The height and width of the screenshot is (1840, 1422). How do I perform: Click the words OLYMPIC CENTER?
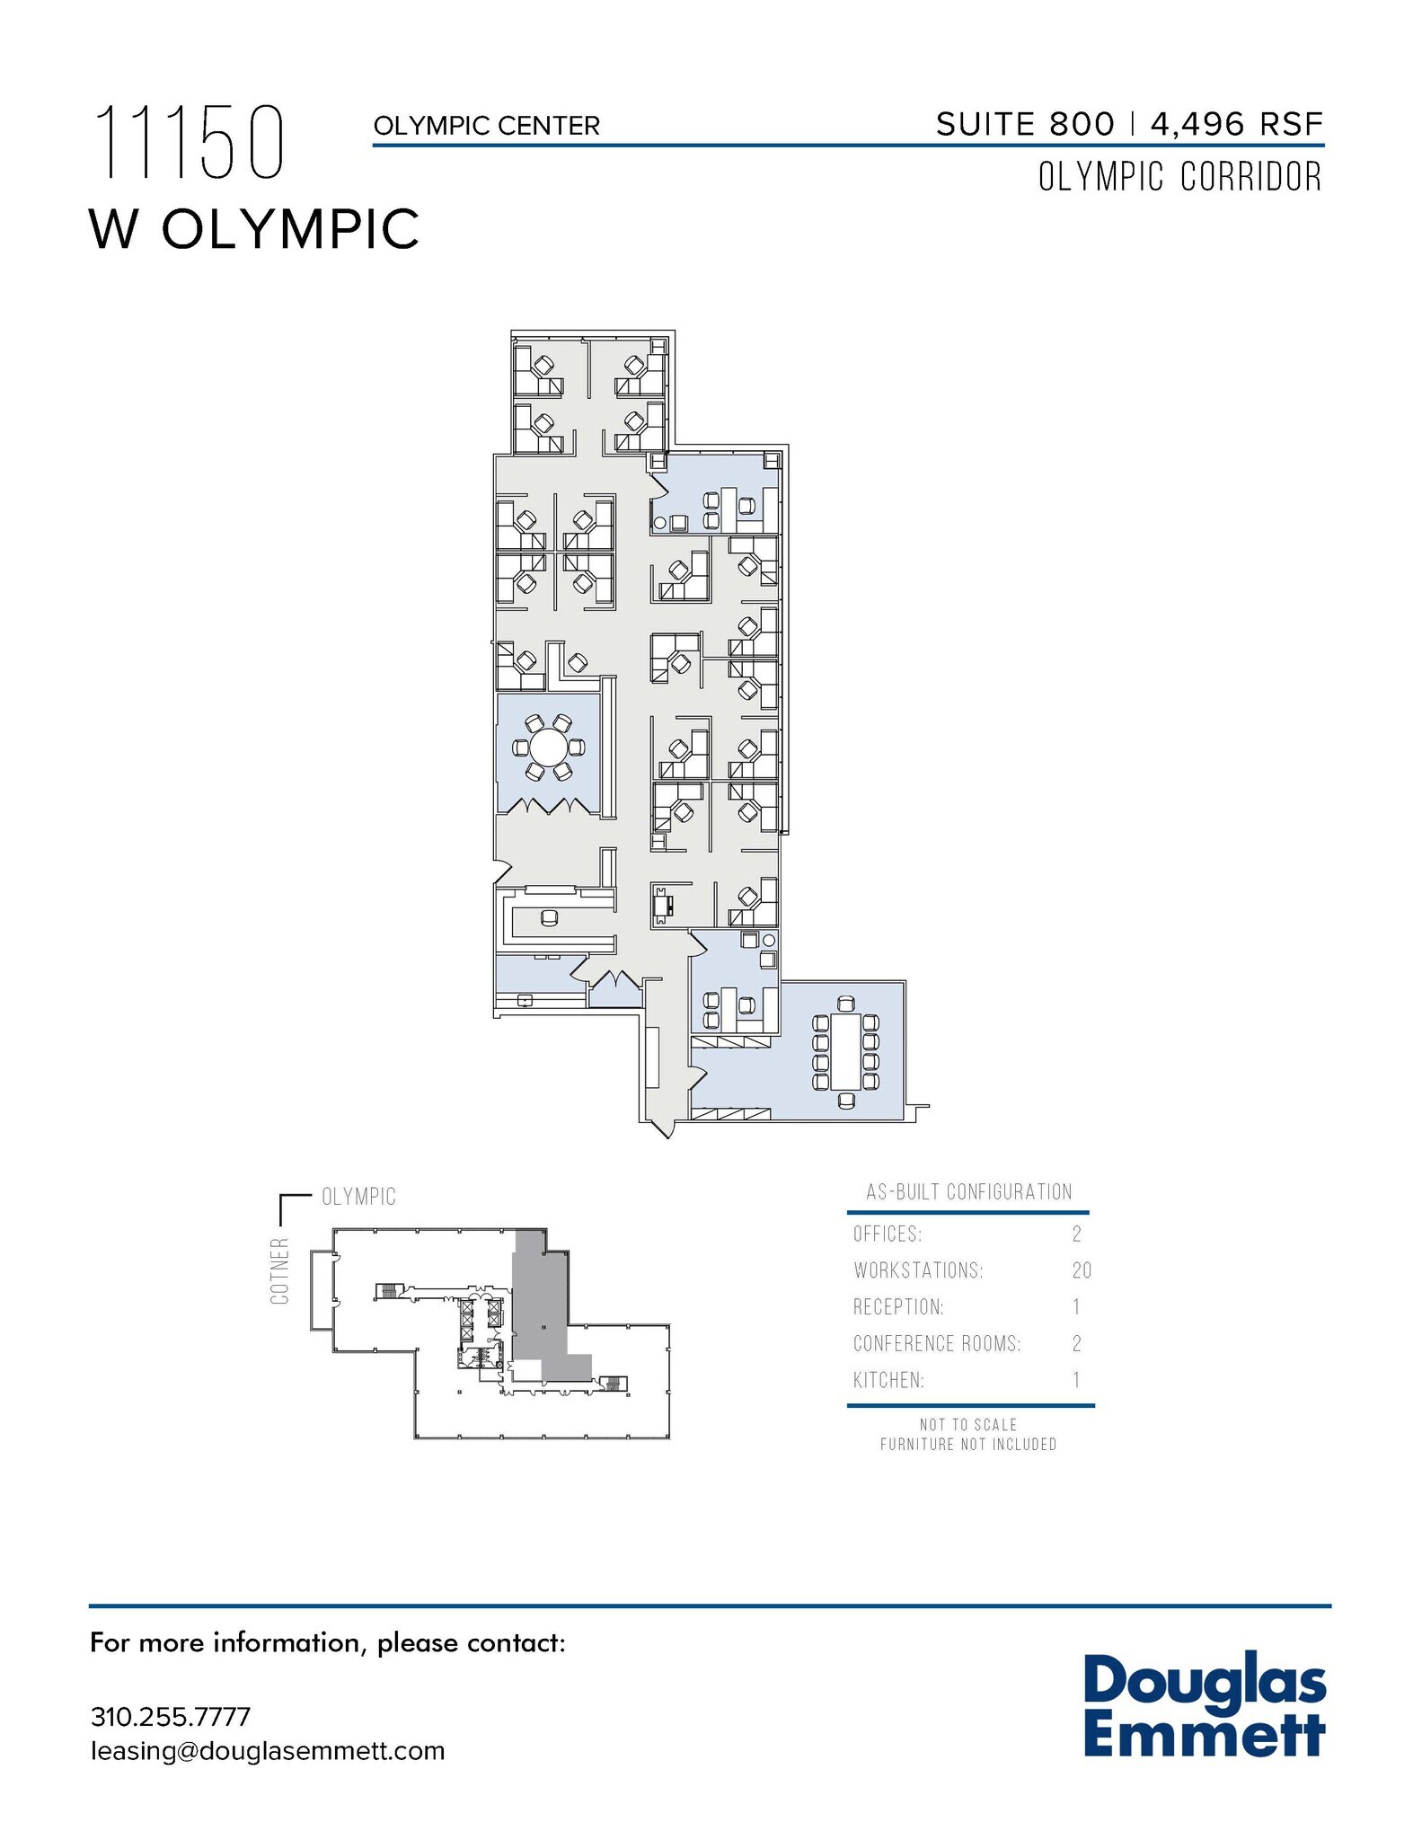486,126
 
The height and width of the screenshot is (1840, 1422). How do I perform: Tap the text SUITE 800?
1024,124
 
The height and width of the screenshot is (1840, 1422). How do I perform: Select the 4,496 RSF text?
1236,124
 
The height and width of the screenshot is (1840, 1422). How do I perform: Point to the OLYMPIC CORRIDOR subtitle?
1179,177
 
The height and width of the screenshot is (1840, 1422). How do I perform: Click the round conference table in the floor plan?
548,747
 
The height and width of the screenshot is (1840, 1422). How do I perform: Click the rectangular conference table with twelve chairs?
845,1050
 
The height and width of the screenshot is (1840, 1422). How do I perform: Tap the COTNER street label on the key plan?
280,1270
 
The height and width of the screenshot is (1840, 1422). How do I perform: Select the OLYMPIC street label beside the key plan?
358,1197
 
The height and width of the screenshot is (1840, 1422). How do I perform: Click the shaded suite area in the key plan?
539,1303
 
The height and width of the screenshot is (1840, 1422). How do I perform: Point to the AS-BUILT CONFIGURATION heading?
968,1192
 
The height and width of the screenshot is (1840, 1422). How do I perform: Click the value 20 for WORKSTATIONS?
1081,1270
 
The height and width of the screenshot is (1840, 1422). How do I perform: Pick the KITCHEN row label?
888,1380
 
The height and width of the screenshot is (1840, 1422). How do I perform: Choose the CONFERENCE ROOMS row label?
936,1343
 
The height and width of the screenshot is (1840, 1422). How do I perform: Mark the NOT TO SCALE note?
967,1425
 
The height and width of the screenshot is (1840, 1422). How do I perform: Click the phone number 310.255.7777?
171,1717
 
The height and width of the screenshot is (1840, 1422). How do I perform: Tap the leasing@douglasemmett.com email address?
268,1751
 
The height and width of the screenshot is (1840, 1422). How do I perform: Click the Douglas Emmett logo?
1204,1706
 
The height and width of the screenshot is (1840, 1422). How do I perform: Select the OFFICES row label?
888,1234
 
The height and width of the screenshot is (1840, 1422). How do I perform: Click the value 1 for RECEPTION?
1076,1306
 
